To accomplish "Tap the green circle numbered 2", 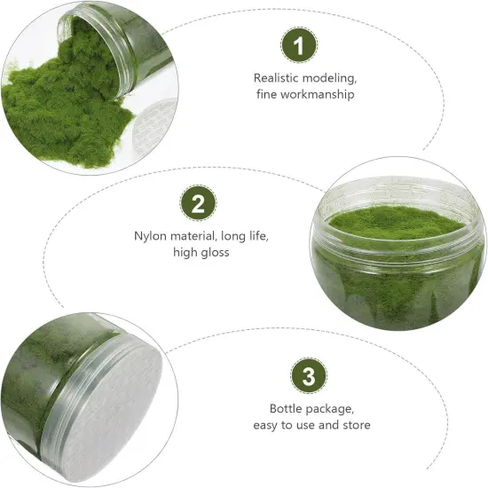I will [198, 203].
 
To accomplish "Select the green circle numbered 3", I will [308, 375].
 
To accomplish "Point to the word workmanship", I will [316, 95].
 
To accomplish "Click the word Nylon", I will [150, 237].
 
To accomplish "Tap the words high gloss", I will [201, 254].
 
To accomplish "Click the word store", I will [355, 426].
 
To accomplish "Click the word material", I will [198, 237].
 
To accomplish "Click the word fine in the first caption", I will [268, 95].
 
